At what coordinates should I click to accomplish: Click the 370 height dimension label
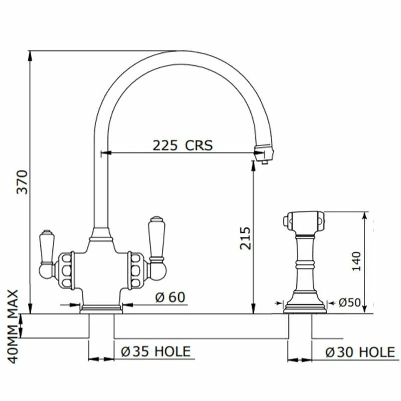[22, 182]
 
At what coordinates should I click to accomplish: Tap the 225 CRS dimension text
[182, 145]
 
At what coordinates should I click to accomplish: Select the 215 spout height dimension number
[245, 238]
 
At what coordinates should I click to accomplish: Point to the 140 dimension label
[356, 261]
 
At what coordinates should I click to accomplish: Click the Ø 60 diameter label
[170, 297]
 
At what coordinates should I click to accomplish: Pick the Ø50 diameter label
[349, 303]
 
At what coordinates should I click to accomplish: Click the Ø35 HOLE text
[156, 351]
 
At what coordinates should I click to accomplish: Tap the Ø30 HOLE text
[360, 352]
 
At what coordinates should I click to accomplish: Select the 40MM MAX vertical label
[13, 326]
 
